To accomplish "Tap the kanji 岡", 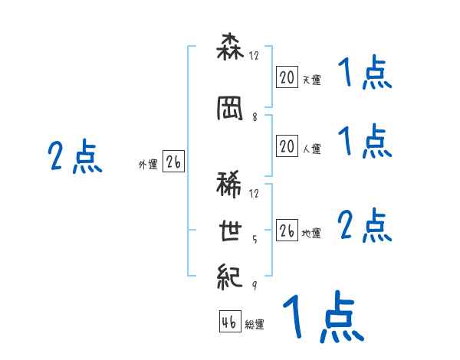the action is click(230, 110).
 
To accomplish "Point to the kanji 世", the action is click(230, 232).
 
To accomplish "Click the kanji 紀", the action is click(230, 276).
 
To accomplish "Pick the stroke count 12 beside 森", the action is click(255, 55).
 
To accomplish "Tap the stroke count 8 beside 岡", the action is click(255, 116).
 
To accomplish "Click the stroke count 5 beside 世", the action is click(255, 238).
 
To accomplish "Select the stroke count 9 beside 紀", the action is click(255, 284).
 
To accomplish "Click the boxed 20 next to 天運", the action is click(287, 77).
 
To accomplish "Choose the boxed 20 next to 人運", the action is click(287, 147).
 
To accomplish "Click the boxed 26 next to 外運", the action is click(173, 162).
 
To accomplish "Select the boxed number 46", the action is click(229, 322).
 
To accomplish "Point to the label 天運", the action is click(311, 79).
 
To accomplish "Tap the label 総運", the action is click(255, 325).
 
